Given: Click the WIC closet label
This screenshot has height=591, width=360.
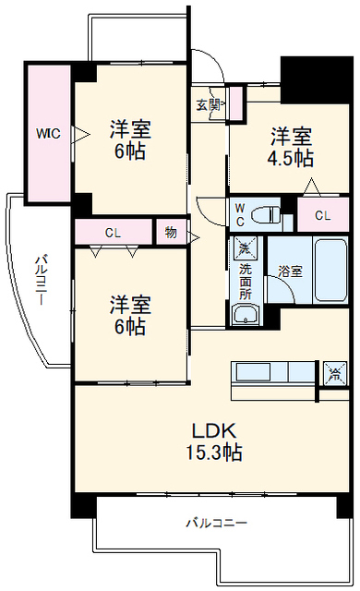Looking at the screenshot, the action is [48, 133].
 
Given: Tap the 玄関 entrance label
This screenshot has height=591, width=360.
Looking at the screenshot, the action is [208, 104].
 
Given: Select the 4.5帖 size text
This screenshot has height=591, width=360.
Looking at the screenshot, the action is [291, 158].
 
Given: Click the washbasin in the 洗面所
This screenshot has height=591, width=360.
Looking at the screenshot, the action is [246, 314].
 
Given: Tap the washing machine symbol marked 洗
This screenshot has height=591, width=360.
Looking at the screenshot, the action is [245, 248].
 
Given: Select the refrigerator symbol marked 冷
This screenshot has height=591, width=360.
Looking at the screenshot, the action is [335, 373].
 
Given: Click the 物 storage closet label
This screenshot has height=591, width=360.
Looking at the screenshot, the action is [171, 233].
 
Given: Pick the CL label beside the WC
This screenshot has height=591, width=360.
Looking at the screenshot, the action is [323, 215].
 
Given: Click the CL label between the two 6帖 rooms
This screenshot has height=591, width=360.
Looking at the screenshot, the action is [113, 233].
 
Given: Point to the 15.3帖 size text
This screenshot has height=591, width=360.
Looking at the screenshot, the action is [214, 452].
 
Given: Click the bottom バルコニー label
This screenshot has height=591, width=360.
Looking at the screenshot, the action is [217, 523].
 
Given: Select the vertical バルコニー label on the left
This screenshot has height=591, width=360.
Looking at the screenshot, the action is [41, 280].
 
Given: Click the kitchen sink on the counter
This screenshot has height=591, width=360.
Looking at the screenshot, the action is [253, 372].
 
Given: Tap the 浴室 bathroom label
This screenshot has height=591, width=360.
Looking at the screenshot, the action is [291, 271].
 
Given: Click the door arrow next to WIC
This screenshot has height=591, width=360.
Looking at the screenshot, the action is [80, 134].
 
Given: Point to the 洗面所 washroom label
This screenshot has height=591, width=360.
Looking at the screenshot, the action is [246, 282].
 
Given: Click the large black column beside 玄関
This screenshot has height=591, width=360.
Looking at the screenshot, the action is [317, 80].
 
